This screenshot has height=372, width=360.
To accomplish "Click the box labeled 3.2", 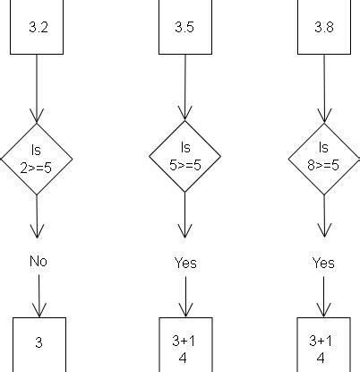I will (38, 27).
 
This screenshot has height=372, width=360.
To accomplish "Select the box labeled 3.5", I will (184, 27).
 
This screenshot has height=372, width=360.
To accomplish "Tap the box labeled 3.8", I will (323, 27).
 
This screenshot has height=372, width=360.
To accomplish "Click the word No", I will (38, 262).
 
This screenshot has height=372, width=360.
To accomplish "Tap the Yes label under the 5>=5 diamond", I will (185, 263).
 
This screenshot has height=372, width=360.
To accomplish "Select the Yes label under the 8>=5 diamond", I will (323, 263).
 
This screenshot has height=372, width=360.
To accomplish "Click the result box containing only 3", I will (39, 343).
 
